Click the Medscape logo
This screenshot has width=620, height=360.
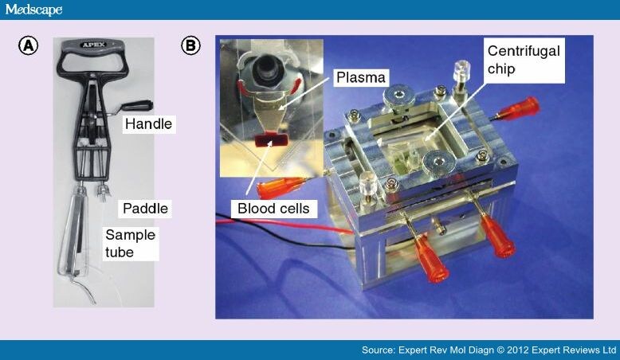pos(33,10)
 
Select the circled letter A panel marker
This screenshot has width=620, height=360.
pos(29,46)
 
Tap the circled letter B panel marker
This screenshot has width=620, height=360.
pos(190,46)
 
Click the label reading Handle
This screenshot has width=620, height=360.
pos(147,124)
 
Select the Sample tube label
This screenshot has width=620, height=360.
pos(131,243)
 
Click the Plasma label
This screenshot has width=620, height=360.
pos(360,77)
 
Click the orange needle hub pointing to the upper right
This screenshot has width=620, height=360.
pos(524,108)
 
